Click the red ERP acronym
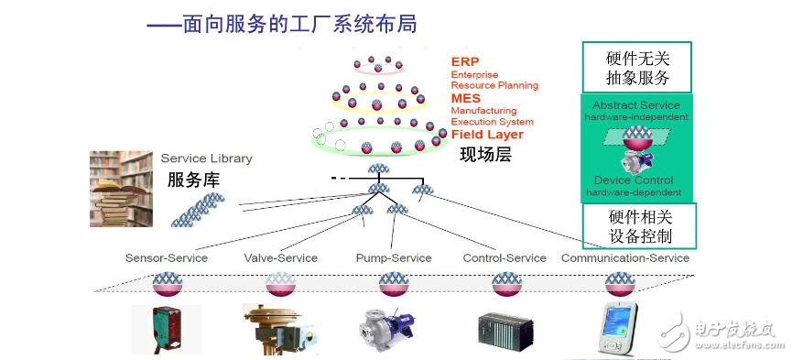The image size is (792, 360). coord(464,61)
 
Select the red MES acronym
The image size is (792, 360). coord(465,98)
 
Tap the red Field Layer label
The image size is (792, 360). coord(487,135)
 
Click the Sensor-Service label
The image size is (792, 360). coord(167,258)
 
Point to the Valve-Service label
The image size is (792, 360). coord(280,258)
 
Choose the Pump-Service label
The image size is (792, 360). coord(393,258)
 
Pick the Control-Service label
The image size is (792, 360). coord(504,258)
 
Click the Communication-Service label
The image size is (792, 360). coord(624,258)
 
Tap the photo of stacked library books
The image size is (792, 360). coord(121,189)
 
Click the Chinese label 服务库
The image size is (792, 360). coord(193,180)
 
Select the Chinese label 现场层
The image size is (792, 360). coord(484,154)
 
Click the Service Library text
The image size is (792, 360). coord(206,158)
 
